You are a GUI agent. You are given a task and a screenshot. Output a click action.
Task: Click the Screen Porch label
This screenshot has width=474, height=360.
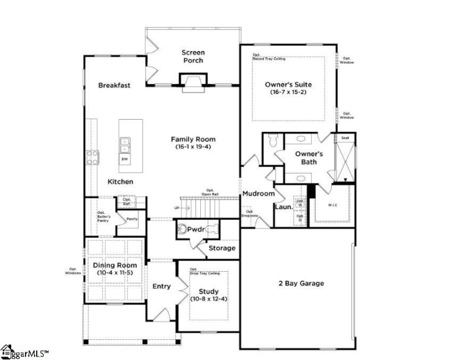click(193, 56)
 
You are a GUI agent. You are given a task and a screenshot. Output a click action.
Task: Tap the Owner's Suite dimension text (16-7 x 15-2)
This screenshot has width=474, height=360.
click(288, 92)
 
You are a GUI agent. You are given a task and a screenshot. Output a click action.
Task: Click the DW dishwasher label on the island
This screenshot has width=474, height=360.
click(125, 159)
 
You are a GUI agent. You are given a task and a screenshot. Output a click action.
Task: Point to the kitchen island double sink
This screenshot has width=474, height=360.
click(125, 142)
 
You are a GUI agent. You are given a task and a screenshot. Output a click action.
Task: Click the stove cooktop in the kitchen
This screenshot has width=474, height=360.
click(93, 157)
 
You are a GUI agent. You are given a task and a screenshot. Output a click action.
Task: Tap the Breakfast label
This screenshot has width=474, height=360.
click(114, 85)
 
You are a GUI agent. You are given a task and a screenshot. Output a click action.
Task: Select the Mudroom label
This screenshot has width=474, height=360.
click(258, 194)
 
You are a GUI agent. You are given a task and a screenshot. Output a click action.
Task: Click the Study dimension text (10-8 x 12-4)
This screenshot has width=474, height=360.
click(209, 299)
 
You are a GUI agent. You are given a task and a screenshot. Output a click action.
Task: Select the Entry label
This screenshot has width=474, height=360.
click(161, 287)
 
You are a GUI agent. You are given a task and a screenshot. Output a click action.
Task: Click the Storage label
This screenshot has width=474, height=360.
click(222, 248)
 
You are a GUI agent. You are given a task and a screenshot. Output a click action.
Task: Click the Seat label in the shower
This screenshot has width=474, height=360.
click(345, 138)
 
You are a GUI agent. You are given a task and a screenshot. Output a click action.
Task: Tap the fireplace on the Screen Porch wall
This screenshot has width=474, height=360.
click(193, 83)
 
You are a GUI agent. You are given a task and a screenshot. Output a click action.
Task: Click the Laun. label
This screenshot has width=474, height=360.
click(282, 207)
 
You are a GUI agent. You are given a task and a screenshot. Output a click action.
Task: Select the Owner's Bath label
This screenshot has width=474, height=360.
click(309, 157)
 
